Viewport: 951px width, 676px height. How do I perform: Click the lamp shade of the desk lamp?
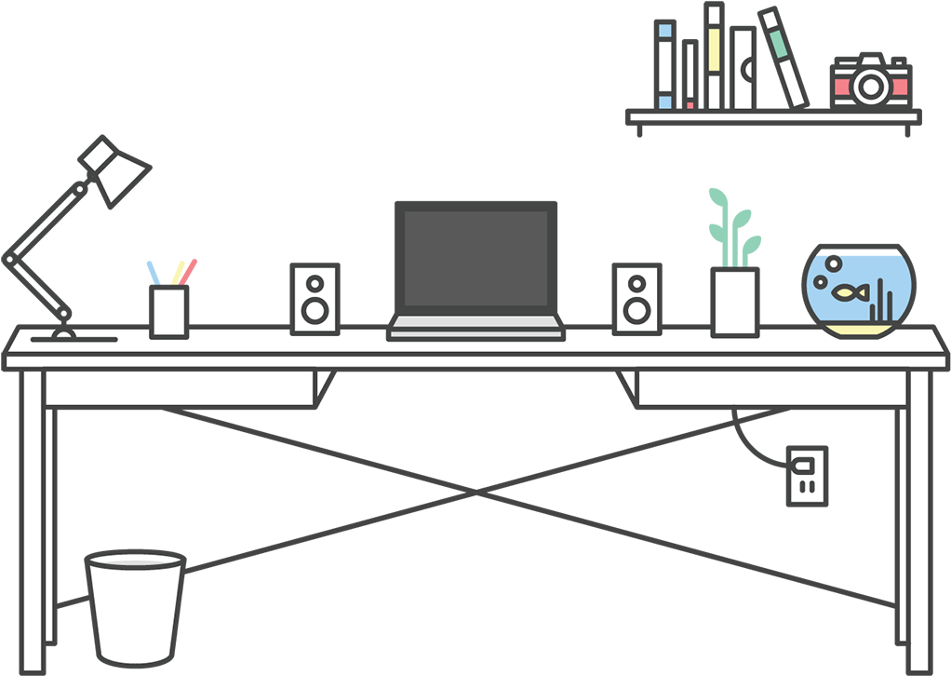coord(116,171)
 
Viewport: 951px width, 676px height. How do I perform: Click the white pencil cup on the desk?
coord(168,311)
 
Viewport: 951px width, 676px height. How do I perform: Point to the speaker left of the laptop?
coord(315,298)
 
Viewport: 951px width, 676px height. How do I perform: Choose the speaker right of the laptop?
coord(637,298)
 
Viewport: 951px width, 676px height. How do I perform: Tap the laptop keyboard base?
coord(475,326)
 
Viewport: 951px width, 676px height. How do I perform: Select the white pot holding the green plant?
coord(735,302)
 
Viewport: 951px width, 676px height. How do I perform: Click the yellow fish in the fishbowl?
coord(846,294)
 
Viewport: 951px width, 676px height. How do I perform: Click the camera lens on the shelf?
coord(871,86)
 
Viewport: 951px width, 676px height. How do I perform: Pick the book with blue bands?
coord(665,65)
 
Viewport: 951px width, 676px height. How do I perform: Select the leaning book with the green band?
coord(783,58)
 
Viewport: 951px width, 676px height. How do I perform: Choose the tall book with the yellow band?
coord(714,56)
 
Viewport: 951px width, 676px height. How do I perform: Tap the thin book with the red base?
coord(690,74)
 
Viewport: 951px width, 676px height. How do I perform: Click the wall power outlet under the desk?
coord(806,475)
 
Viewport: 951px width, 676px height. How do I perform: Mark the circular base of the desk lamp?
coord(64,333)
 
